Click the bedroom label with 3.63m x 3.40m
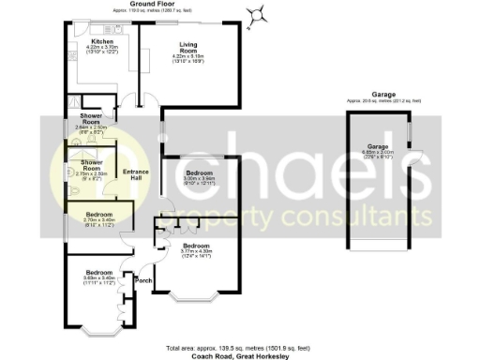point(92,275)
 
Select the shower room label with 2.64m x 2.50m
point(91,121)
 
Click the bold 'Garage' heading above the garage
point(382,94)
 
